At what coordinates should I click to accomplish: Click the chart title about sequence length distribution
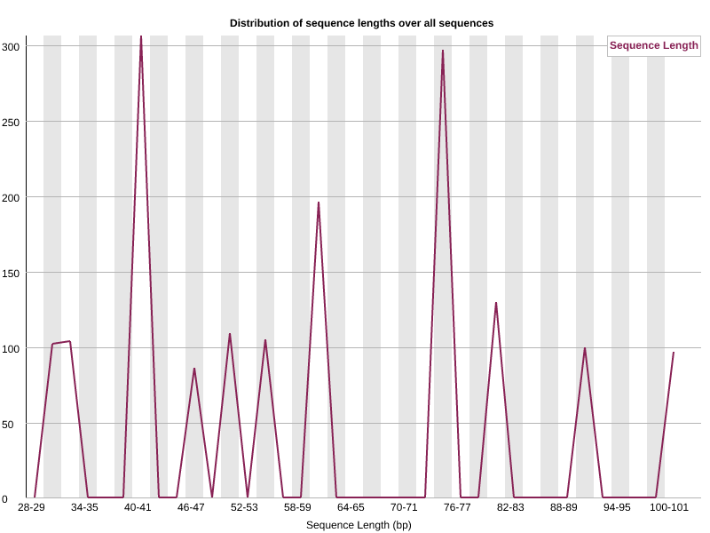coord(361,23)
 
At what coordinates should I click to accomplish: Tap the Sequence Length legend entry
coord(653,45)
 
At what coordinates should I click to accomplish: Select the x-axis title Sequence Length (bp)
coord(359,525)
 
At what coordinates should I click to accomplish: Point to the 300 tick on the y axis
coord(11,47)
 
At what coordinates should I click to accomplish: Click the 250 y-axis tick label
coord(11,123)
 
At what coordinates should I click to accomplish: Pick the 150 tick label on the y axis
coord(11,274)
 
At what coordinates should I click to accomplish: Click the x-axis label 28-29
coord(31,507)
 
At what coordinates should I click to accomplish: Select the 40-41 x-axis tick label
coord(138,507)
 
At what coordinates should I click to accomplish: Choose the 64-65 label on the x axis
coord(351,507)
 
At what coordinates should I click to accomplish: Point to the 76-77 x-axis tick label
coord(457,507)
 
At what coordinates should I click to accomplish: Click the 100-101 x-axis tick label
coord(669,507)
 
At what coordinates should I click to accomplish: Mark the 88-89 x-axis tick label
coord(564,507)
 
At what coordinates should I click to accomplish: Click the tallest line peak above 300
coord(141,37)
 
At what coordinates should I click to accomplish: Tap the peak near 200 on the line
coord(319,203)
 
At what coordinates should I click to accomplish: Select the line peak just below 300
coord(442,51)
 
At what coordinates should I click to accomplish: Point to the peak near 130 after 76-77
coord(496,303)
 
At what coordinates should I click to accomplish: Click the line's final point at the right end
coord(674,352)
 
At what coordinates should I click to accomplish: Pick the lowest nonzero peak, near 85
coord(194,369)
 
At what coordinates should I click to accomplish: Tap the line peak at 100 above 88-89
coord(585,348)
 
